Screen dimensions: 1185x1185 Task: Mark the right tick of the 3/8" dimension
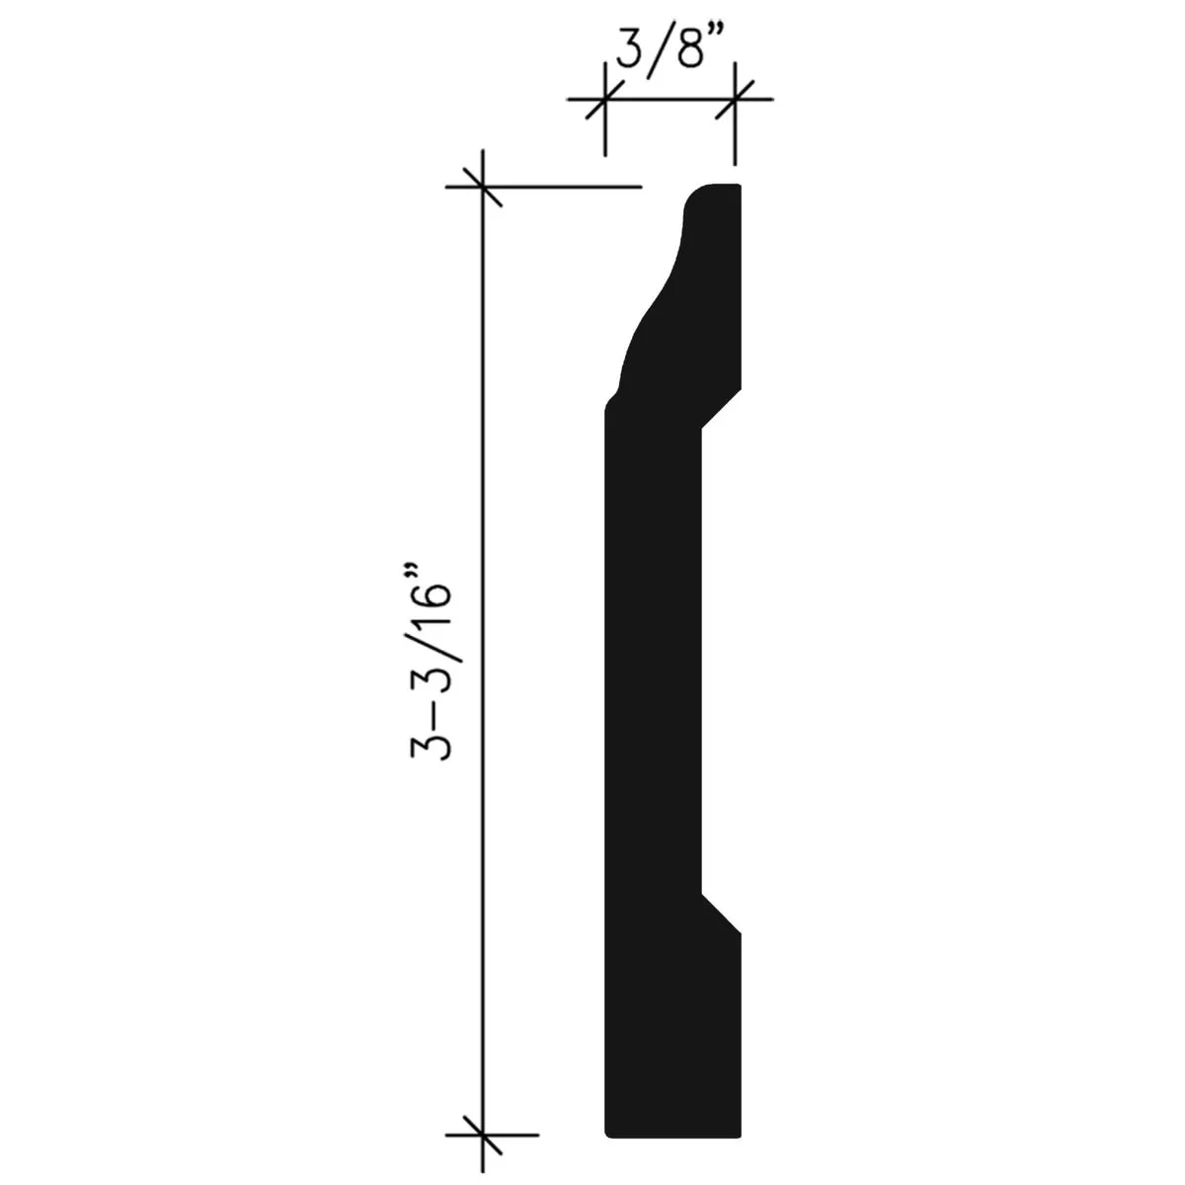[x=734, y=100]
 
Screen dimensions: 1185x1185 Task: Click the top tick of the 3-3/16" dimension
[x=482, y=186]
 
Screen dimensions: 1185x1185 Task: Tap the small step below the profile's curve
[x=613, y=399]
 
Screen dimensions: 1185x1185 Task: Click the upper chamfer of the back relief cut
[x=721, y=408]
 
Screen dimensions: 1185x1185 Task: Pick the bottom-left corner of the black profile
[x=605, y=1133]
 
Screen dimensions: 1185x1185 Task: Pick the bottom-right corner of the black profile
[x=738, y=1133]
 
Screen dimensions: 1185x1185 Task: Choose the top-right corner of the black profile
[x=738, y=186]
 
